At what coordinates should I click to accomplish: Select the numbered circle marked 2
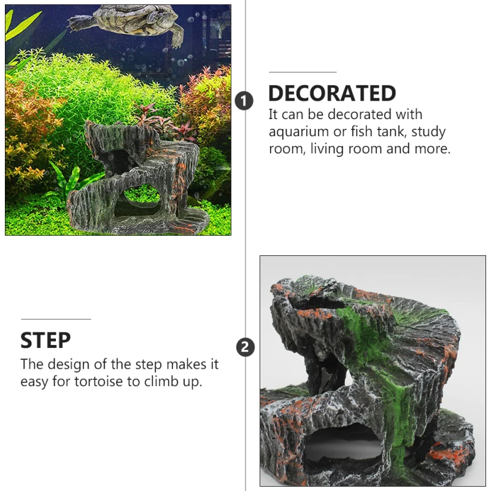coord(245,347)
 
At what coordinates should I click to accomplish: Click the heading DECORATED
coord(332,93)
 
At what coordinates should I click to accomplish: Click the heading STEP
coord(45,340)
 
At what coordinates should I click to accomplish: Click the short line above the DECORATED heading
coord(303,72)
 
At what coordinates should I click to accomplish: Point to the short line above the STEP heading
coord(56,319)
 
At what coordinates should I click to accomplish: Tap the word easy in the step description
coord(35,382)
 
